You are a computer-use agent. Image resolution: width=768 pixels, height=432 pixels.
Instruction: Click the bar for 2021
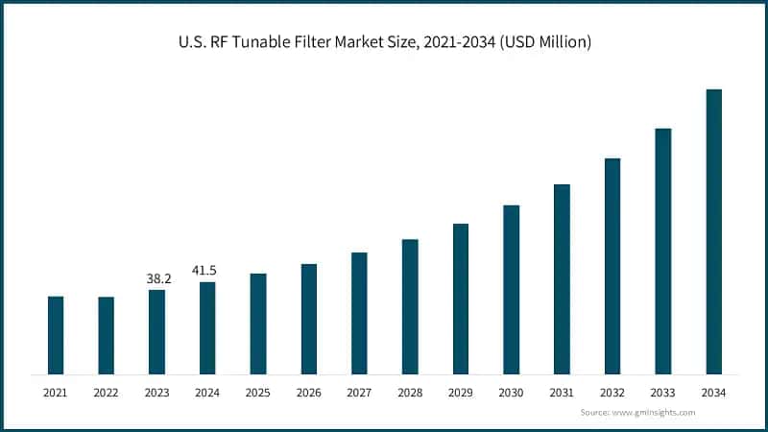56,335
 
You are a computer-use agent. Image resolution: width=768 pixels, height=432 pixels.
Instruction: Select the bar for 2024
207,327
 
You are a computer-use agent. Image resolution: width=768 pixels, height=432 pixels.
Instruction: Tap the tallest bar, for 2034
714,231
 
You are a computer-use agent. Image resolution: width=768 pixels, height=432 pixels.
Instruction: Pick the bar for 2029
461,299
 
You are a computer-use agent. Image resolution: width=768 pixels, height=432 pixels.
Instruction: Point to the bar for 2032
612,266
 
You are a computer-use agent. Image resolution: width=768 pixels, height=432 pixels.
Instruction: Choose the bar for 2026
309,319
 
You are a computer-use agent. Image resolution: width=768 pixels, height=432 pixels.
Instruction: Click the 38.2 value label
158,278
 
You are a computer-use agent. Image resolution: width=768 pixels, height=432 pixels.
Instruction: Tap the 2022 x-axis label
107,393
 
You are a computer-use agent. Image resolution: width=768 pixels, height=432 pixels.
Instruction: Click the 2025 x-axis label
258,393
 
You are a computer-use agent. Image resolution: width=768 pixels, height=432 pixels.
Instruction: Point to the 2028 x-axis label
410,393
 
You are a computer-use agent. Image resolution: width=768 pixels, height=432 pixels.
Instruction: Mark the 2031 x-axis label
562,393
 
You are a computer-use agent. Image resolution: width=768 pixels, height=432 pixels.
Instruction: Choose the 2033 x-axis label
663,393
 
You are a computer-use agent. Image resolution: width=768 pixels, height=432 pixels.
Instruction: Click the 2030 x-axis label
512,393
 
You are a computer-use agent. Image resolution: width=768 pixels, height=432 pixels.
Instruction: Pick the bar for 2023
157,332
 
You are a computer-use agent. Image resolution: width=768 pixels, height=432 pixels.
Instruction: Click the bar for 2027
359,313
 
